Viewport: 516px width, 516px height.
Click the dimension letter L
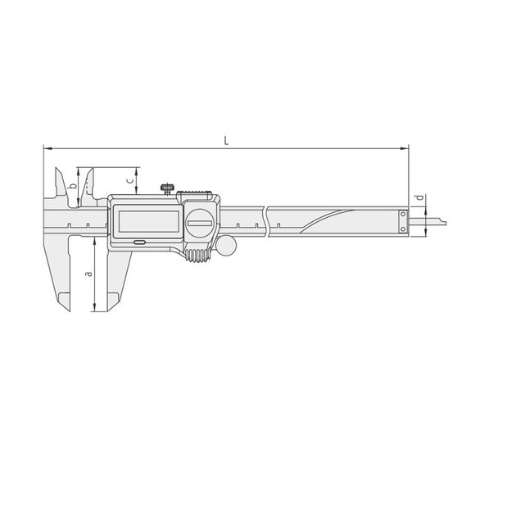pos(226,140)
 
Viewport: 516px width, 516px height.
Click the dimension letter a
pos(88,273)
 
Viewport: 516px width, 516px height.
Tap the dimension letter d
pos(419,198)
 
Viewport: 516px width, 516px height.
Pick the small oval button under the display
pos(140,242)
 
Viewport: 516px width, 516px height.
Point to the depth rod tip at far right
pos(441,220)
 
